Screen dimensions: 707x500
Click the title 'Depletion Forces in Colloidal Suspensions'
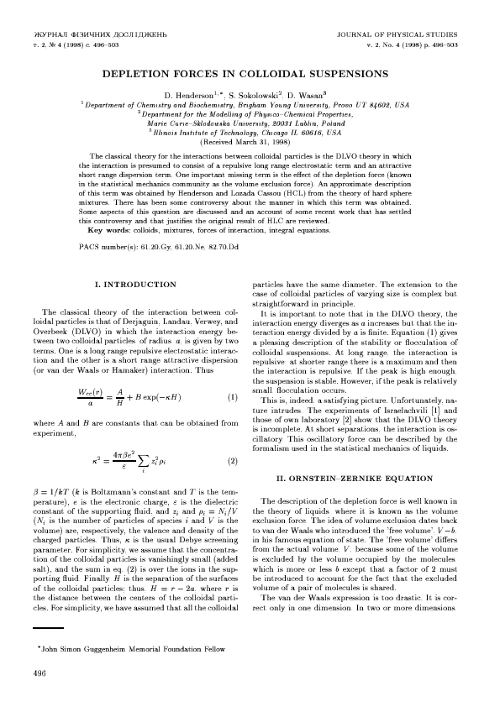[x=250, y=75]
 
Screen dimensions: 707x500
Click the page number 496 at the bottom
[x=39, y=673]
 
